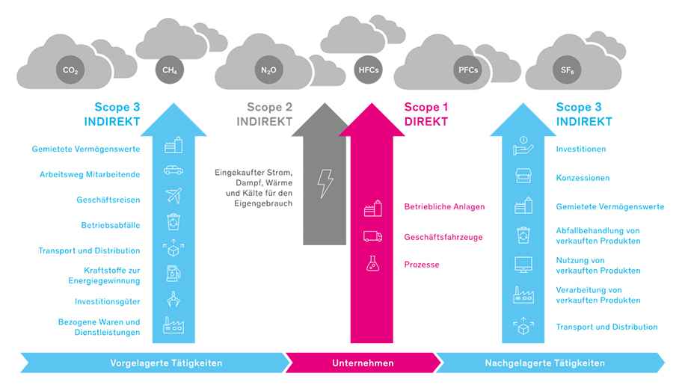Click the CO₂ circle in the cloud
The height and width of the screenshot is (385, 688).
tap(70, 70)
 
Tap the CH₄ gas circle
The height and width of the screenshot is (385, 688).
tap(169, 70)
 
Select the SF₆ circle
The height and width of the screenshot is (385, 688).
tap(567, 70)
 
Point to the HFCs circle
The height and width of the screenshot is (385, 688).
tap(368, 70)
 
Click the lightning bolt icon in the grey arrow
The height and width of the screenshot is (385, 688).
tap(325, 183)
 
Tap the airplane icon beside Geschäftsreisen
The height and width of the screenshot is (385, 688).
tap(173, 196)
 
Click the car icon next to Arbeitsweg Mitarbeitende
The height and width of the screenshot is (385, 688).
tap(173, 170)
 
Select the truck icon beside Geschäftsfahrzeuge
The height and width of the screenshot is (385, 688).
tap(372, 236)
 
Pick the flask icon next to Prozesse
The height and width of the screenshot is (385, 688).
tap(372, 264)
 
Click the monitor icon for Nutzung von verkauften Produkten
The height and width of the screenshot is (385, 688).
tap(523, 265)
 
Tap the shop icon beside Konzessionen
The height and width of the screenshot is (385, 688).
tap(523, 176)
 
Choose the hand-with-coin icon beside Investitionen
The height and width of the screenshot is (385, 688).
tap(523, 146)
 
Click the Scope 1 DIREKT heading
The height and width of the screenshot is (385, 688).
tap(426, 114)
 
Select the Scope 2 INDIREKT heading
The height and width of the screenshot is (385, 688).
tap(265, 114)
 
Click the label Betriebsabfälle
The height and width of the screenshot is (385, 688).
tap(111, 225)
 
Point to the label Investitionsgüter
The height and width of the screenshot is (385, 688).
tap(108, 301)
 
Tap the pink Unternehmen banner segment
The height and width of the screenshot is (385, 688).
tap(363, 363)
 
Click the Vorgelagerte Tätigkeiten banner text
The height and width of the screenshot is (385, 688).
tap(166, 363)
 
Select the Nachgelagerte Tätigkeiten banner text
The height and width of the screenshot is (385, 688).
tap(545, 363)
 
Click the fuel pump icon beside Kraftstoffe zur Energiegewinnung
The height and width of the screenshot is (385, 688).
tap(173, 273)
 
